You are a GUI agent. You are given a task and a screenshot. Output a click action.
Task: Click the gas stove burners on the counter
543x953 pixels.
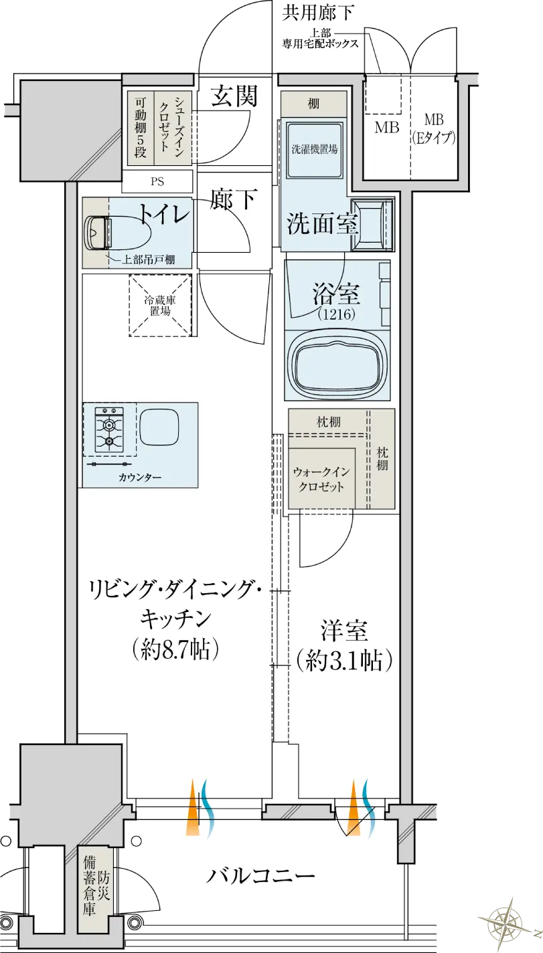click(109, 430)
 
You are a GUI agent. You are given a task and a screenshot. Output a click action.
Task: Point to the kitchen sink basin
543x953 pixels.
click(159, 429)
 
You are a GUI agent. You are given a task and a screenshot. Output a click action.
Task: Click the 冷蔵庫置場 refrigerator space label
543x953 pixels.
click(160, 306)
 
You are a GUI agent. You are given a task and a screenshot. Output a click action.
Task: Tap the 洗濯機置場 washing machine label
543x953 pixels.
click(314, 149)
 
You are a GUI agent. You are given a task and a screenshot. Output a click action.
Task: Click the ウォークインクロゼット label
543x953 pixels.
click(321, 479)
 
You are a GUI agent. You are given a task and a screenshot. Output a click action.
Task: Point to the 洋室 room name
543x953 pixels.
click(344, 631)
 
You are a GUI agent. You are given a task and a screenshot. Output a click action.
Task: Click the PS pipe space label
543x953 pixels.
click(157, 182)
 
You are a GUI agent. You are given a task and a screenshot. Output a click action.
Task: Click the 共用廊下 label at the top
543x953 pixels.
click(317, 13)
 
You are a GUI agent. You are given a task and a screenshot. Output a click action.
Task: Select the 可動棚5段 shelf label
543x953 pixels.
click(140, 128)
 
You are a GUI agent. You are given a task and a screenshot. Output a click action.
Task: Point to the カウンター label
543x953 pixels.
click(140, 478)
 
